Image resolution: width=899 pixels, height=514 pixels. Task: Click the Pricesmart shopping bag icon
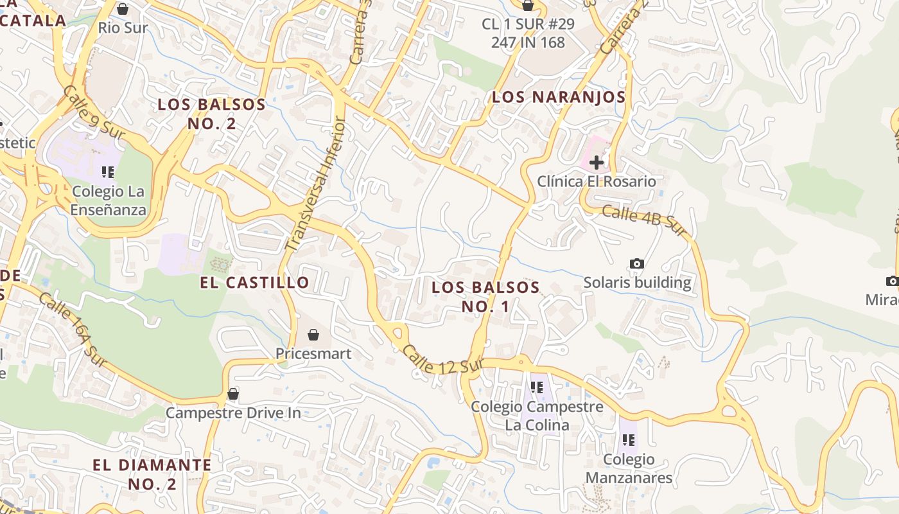[313, 335]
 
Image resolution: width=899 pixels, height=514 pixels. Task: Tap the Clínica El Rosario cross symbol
[597, 162]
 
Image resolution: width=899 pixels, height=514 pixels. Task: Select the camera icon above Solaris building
[637, 263]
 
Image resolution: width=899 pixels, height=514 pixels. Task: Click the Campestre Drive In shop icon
[233, 393]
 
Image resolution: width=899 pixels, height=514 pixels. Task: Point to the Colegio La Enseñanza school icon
[108, 172]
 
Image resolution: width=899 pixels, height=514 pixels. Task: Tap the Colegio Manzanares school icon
[629, 440]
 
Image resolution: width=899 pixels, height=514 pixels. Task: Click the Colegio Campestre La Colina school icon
[537, 387]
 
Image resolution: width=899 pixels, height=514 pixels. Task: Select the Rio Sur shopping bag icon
[123, 9]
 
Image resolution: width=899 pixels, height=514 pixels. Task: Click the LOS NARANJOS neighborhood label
[558, 97]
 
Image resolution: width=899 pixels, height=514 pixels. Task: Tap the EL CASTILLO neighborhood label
[254, 282]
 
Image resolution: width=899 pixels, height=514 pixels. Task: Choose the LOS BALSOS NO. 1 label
[485, 296]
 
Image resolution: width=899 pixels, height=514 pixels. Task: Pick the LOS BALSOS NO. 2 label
[212, 114]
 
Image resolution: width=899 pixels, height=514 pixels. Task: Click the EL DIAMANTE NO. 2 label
[152, 474]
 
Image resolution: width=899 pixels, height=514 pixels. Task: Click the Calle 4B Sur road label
[644, 220]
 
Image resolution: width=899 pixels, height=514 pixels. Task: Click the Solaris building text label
[637, 283]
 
